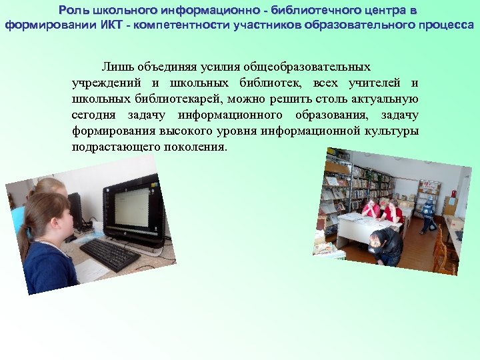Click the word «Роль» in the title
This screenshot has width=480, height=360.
click(72, 10)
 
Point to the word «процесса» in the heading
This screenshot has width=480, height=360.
click(445, 25)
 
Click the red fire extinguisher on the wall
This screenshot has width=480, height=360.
click(453, 195)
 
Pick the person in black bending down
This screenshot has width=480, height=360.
click(387, 247)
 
